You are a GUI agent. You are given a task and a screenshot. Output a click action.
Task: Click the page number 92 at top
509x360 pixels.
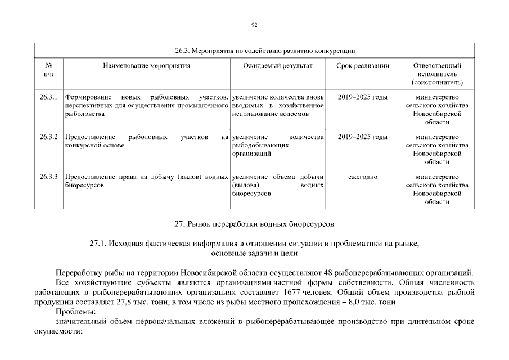[254, 25]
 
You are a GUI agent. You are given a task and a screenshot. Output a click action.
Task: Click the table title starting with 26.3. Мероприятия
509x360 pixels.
[254, 51]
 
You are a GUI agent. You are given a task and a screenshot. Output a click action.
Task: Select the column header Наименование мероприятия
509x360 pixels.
[146, 66]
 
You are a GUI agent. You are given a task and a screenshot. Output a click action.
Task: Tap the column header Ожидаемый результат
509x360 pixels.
[277, 66]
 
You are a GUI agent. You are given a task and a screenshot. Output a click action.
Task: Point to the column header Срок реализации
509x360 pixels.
[362, 66]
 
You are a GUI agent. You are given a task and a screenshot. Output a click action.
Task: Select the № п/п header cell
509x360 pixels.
[48, 70]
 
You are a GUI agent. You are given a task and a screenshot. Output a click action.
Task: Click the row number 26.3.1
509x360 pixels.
[49, 97]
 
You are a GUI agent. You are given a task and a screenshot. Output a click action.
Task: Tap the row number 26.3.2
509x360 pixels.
[49, 137]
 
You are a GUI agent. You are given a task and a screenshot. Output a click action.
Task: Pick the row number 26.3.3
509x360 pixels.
[49, 177]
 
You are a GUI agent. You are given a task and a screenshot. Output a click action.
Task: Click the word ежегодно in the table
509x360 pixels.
[362, 177]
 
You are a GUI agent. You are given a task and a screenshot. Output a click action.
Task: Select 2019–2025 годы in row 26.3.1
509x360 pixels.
[362, 97]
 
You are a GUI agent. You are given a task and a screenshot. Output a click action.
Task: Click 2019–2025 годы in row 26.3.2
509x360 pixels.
[362, 137]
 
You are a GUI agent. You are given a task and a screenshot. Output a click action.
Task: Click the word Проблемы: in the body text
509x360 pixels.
[76, 312]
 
